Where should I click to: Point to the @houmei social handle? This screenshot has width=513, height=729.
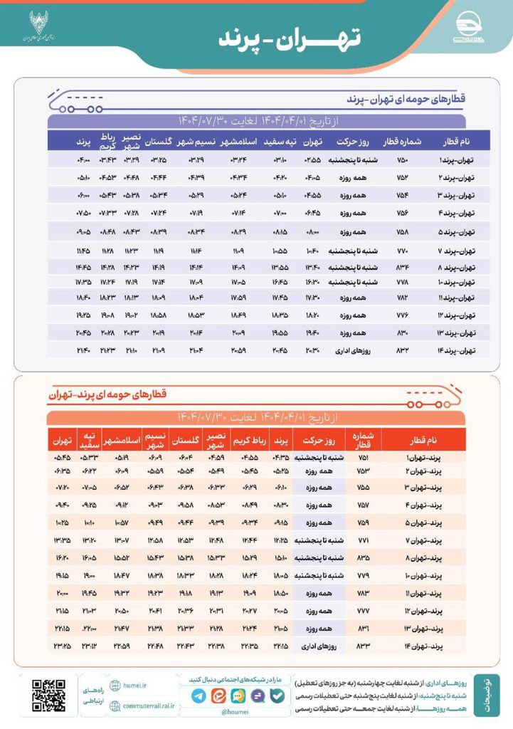234,710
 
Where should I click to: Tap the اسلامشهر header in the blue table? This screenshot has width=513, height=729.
243,140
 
